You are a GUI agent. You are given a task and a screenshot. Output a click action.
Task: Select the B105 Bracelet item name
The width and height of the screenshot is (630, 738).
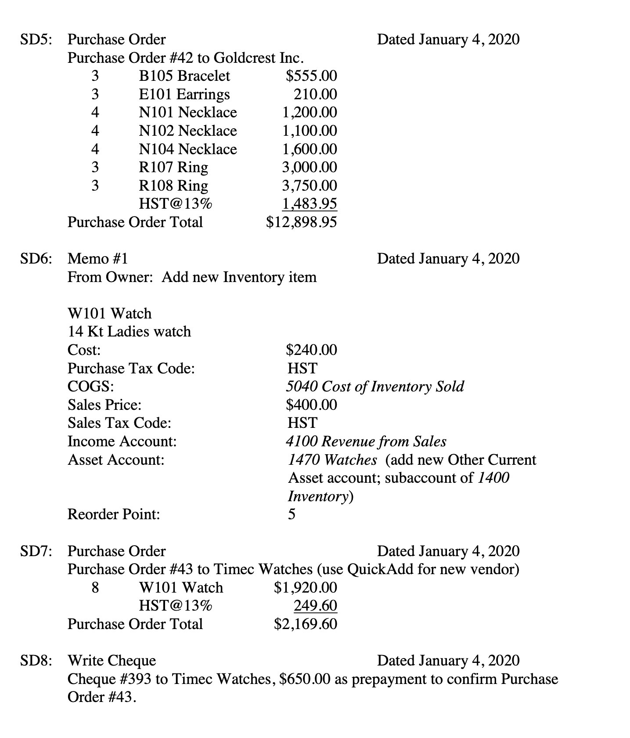(x=184, y=76)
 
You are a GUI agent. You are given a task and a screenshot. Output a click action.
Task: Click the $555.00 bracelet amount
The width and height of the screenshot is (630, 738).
(x=311, y=76)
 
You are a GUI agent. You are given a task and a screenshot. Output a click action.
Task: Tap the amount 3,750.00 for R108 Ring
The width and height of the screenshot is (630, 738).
(x=310, y=186)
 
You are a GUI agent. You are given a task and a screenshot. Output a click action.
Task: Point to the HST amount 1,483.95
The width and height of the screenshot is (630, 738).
(x=310, y=204)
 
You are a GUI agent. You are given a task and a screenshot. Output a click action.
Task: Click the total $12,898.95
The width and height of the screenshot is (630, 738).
(x=302, y=222)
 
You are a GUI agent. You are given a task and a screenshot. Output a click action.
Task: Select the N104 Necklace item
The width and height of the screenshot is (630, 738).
(x=188, y=149)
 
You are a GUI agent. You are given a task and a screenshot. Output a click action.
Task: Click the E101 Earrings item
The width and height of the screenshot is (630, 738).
(x=184, y=94)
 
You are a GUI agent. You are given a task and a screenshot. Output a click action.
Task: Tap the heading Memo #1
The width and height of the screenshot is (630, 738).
(x=97, y=259)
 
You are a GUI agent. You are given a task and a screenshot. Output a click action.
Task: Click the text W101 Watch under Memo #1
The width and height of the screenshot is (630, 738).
(x=109, y=314)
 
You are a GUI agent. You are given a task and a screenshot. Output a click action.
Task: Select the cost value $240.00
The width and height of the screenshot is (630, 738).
(x=311, y=350)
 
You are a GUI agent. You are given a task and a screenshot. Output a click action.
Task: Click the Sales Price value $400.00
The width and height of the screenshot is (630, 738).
(x=311, y=405)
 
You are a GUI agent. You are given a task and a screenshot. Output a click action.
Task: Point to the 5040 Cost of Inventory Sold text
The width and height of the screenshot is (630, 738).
(x=374, y=387)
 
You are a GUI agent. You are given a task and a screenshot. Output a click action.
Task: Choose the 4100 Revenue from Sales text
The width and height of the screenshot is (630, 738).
(x=366, y=441)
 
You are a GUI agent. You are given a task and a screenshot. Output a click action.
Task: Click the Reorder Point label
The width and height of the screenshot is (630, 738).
(x=114, y=514)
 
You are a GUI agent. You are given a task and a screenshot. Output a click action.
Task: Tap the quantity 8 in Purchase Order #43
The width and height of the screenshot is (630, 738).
(x=95, y=588)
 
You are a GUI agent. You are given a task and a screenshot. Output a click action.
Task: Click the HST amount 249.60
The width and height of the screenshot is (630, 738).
(x=315, y=606)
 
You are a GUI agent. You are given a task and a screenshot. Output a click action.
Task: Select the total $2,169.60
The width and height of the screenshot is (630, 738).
(x=306, y=624)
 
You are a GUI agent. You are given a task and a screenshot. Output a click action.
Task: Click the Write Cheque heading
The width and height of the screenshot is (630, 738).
(x=112, y=661)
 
